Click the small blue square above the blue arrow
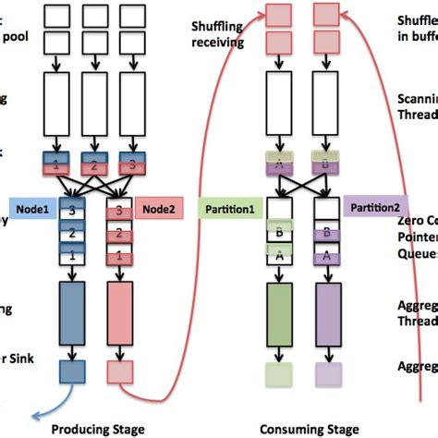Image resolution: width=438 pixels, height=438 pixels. (72, 371)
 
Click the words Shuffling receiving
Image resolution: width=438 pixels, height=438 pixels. (218, 33)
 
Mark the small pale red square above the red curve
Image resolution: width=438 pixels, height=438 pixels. (117, 372)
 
